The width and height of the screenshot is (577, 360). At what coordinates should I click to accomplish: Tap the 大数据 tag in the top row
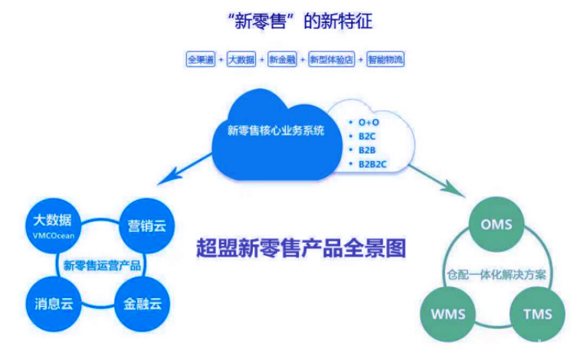pyautogui.click(x=241, y=59)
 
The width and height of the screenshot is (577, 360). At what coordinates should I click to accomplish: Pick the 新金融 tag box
pyautogui.click(x=280, y=59)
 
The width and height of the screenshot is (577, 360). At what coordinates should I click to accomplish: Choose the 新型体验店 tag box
pyautogui.click(x=330, y=59)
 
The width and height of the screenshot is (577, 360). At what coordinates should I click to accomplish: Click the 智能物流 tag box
pyautogui.click(x=385, y=59)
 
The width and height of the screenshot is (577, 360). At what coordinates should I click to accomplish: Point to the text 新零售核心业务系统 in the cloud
pyautogui.click(x=276, y=130)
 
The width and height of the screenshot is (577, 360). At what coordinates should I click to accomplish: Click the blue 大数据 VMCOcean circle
pyautogui.click(x=53, y=224)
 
